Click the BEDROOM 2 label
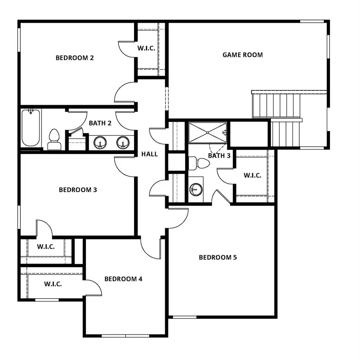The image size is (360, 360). (x=74, y=58)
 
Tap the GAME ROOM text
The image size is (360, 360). (x=242, y=55)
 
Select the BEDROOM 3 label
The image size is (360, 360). (x=78, y=190)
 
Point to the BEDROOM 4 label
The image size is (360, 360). (x=123, y=279)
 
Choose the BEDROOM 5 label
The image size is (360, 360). (x=218, y=257)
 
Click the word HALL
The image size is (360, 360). (x=149, y=154)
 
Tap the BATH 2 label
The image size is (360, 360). (x=100, y=123)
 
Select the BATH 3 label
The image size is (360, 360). (x=219, y=156)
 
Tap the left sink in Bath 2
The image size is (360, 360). (x=100, y=143)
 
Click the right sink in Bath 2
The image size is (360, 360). (x=122, y=143)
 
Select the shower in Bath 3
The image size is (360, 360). (x=207, y=132)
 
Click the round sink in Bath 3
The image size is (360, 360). (x=196, y=189)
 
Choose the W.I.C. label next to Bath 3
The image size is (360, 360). (x=252, y=175)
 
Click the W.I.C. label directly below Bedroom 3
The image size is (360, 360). (x=46, y=246)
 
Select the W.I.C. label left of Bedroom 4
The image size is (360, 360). (x=53, y=284)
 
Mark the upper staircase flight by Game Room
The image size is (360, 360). (x=276, y=105)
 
